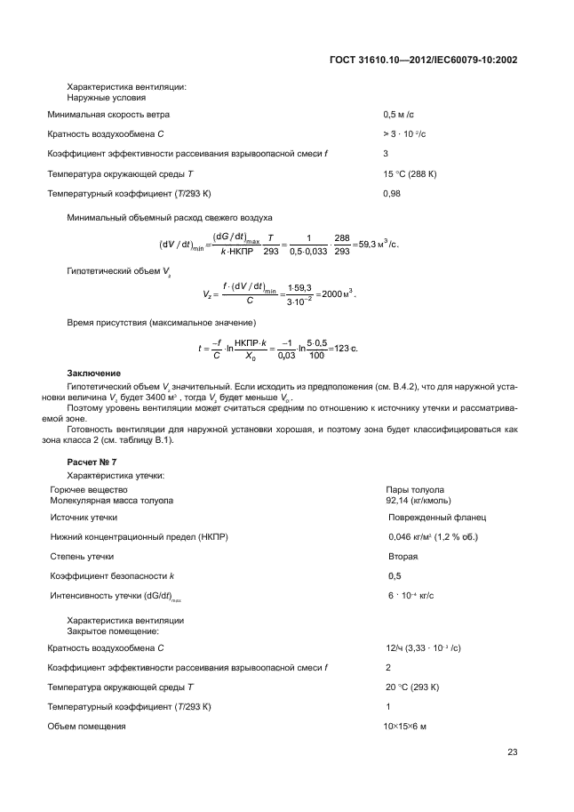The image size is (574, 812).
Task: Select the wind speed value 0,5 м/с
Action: coord(399,115)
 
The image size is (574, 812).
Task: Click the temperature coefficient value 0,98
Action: coord(392,193)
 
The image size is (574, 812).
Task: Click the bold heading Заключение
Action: coord(94,372)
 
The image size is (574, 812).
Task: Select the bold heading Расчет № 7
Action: coord(92,462)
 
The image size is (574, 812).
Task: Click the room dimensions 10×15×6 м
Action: coord(404,727)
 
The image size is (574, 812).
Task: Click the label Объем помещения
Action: coord(86,727)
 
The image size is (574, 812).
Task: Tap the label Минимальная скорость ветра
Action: coord(108,115)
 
